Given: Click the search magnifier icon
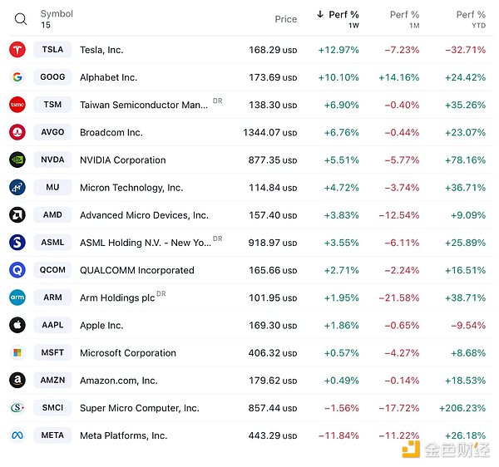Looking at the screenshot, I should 21,19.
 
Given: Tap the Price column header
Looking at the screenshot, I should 285,19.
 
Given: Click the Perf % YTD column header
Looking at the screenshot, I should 470,18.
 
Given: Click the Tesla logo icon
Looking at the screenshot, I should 17,50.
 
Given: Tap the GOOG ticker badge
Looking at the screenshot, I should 52,77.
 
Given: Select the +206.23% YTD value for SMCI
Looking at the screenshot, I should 462,408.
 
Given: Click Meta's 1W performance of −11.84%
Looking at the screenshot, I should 338,435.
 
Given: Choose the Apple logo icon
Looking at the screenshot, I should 17,325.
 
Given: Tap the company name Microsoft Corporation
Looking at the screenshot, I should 128,353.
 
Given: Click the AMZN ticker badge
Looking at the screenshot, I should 52,381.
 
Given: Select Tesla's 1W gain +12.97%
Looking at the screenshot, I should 338,50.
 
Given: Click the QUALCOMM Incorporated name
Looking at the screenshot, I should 137,270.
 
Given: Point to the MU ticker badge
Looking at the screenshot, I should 52,188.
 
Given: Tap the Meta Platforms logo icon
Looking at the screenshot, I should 17,435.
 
